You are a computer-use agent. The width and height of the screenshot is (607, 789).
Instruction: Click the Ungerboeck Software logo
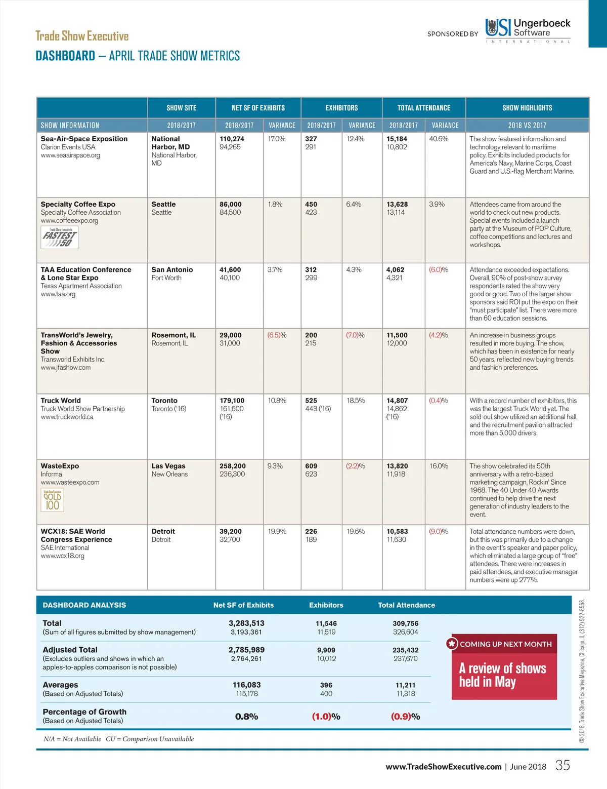coord(528,29)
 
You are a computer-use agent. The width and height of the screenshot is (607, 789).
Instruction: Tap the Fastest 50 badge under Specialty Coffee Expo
coord(60,238)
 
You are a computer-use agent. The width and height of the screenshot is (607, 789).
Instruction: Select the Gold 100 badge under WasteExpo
coord(52,500)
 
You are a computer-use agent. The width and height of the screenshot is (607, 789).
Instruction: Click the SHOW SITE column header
coord(181,108)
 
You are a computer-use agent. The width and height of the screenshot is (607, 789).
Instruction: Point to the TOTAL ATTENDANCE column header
coord(423,108)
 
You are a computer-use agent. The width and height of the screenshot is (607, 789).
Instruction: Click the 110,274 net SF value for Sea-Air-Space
coord(232,139)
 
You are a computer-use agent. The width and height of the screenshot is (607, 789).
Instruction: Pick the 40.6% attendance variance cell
coord(439,139)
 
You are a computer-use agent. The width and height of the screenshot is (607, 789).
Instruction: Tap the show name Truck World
coord(61,401)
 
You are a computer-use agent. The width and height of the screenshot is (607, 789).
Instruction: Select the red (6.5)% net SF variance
coord(277,335)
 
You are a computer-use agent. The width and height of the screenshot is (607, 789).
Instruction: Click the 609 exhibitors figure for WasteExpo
coord(311,466)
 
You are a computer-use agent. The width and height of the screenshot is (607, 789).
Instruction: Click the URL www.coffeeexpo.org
coord(69,221)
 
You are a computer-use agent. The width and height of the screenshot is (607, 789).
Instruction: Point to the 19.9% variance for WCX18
coord(277,531)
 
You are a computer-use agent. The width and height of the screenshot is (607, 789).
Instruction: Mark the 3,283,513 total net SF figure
coord(246,623)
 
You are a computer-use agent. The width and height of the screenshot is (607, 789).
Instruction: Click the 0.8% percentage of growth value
coord(246,717)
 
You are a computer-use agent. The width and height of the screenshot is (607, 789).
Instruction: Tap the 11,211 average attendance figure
coord(406,685)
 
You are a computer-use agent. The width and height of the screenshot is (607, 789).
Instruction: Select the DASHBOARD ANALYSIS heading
coord(84,605)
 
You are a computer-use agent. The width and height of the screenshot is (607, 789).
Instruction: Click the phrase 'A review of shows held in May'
coord(502,675)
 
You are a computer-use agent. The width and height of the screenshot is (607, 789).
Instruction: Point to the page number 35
coord(562,765)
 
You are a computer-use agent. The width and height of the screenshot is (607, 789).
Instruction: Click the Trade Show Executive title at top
coord(82,36)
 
